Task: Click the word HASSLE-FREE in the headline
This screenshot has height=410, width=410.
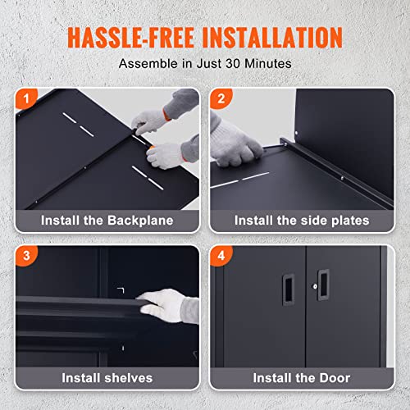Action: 131,38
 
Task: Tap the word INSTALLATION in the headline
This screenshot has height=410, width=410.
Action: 272,38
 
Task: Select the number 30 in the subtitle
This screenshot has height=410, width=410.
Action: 233,64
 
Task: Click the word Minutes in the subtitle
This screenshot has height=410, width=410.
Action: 268,64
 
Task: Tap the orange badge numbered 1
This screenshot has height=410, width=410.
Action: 26,98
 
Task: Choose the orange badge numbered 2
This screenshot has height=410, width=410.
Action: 221,98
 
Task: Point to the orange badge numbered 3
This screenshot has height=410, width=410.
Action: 26,256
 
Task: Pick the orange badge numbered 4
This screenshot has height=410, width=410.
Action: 221,256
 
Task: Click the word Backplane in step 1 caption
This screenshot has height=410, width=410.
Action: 140,221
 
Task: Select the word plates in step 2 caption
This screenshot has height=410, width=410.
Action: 350,221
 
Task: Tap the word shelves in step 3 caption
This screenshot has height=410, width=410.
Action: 129,378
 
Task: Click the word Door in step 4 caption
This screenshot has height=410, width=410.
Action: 335,378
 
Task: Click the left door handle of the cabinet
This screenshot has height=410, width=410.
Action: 288,289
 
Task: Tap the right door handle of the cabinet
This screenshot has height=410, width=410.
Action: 324,285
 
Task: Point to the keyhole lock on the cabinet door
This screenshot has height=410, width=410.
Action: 315,286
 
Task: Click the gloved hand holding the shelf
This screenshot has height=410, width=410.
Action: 162,306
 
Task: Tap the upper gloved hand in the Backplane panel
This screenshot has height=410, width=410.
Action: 149,121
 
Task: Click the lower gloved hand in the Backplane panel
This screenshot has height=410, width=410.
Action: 165,156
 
